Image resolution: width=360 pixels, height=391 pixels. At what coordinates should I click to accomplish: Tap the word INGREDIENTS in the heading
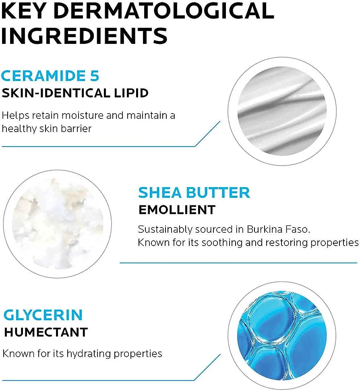click(x=84, y=36)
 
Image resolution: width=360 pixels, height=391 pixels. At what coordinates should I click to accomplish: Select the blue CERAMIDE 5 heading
click(x=50, y=76)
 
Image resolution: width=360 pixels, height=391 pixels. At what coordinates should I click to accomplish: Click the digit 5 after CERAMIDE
click(x=95, y=76)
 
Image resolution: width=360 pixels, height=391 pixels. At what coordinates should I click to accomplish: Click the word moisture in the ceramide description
click(x=82, y=116)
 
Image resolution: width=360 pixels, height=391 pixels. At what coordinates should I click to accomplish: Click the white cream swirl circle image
click(x=282, y=111)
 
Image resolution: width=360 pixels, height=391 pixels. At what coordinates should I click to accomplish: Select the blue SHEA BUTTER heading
click(x=194, y=193)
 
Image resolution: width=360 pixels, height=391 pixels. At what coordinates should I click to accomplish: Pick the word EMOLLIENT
click(x=177, y=210)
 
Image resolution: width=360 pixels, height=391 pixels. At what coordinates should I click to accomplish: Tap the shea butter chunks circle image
click(x=57, y=224)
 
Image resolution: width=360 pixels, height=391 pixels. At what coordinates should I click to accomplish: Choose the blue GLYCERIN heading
click(x=43, y=315)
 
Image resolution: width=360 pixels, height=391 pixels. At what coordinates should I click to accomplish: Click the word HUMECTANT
click(x=46, y=332)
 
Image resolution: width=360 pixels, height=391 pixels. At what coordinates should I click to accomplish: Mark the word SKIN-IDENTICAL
click(x=56, y=93)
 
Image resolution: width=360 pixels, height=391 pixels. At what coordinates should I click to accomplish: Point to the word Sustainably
click(x=165, y=230)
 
